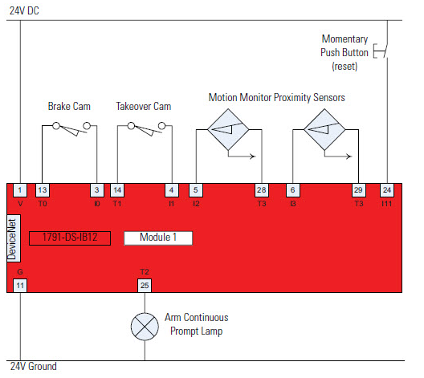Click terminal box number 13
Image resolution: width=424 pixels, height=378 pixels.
(43, 190)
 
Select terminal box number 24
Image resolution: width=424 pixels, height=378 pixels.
(388, 190)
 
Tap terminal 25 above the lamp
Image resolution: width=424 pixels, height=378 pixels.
(145, 285)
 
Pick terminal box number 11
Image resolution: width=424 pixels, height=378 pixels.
(20, 285)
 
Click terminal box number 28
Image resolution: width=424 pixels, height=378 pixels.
(262, 190)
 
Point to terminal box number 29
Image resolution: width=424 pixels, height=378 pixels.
(358, 190)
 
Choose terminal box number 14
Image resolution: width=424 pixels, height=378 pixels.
(117, 190)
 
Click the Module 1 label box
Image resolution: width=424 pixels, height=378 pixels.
(157, 238)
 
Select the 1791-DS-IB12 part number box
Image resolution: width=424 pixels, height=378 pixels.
(69, 238)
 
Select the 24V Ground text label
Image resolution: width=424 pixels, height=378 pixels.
(33, 367)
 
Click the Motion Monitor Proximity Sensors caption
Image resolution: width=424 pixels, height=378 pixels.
(277, 97)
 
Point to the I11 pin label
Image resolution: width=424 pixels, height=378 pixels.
(388, 204)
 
